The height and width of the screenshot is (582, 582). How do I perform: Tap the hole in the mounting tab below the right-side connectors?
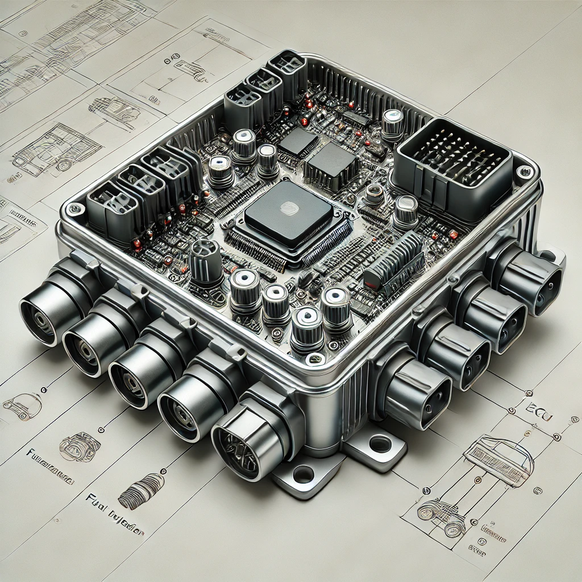pos(380,444)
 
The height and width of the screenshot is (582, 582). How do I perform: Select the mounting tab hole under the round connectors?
pos(304,473)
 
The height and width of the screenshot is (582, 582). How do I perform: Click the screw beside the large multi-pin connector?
pos(523,171)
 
